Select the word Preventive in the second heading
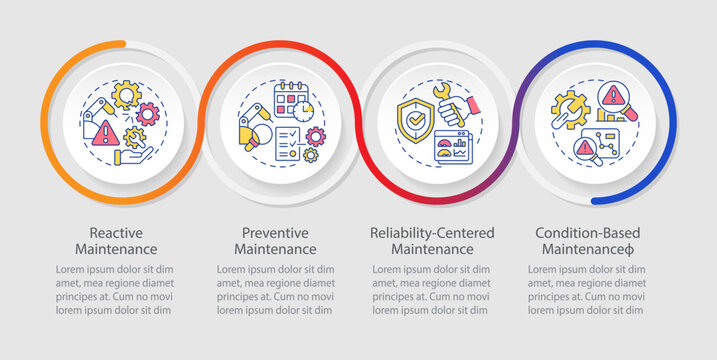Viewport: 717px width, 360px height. coord(272,232)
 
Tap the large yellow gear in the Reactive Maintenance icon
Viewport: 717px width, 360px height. coord(126,96)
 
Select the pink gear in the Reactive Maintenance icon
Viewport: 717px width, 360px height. coord(147,114)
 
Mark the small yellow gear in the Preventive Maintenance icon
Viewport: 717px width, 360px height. coord(311,155)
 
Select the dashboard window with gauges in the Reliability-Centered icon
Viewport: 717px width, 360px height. coord(452,150)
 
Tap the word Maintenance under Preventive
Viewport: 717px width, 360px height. coord(272,248)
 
